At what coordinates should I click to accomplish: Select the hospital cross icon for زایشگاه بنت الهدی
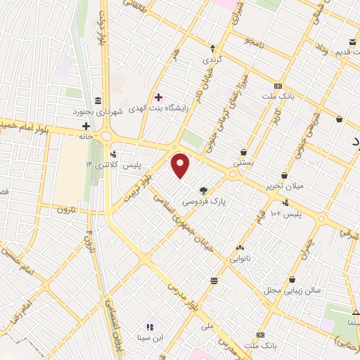tap(158, 97)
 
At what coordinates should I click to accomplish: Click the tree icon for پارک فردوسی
tap(204, 190)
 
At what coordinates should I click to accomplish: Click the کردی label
tap(213, 60)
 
